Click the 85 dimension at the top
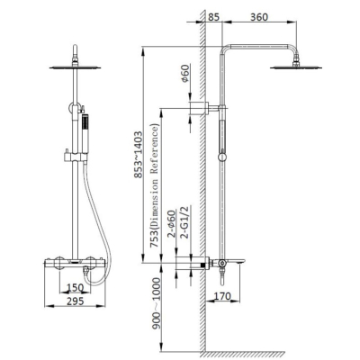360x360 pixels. tap(213, 17)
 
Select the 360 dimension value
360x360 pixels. tap(259, 17)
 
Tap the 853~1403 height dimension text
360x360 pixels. tap(138, 155)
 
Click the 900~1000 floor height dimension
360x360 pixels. tap(156, 303)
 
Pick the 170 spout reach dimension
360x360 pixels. tap(222, 296)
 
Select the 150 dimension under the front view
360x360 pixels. tap(75, 288)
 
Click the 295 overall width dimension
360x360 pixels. tap(75, 301)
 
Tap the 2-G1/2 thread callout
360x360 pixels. tap(185, 222)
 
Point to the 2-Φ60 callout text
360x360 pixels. tap(171, 224)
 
